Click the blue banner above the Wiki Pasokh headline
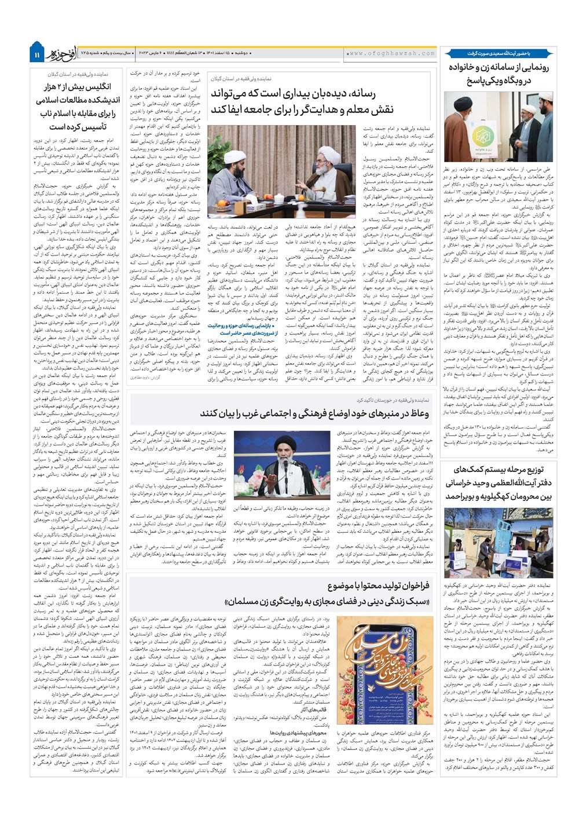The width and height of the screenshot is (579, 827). (x=500, y=53)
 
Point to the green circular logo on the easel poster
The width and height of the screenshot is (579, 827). (x=483, y=136)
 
